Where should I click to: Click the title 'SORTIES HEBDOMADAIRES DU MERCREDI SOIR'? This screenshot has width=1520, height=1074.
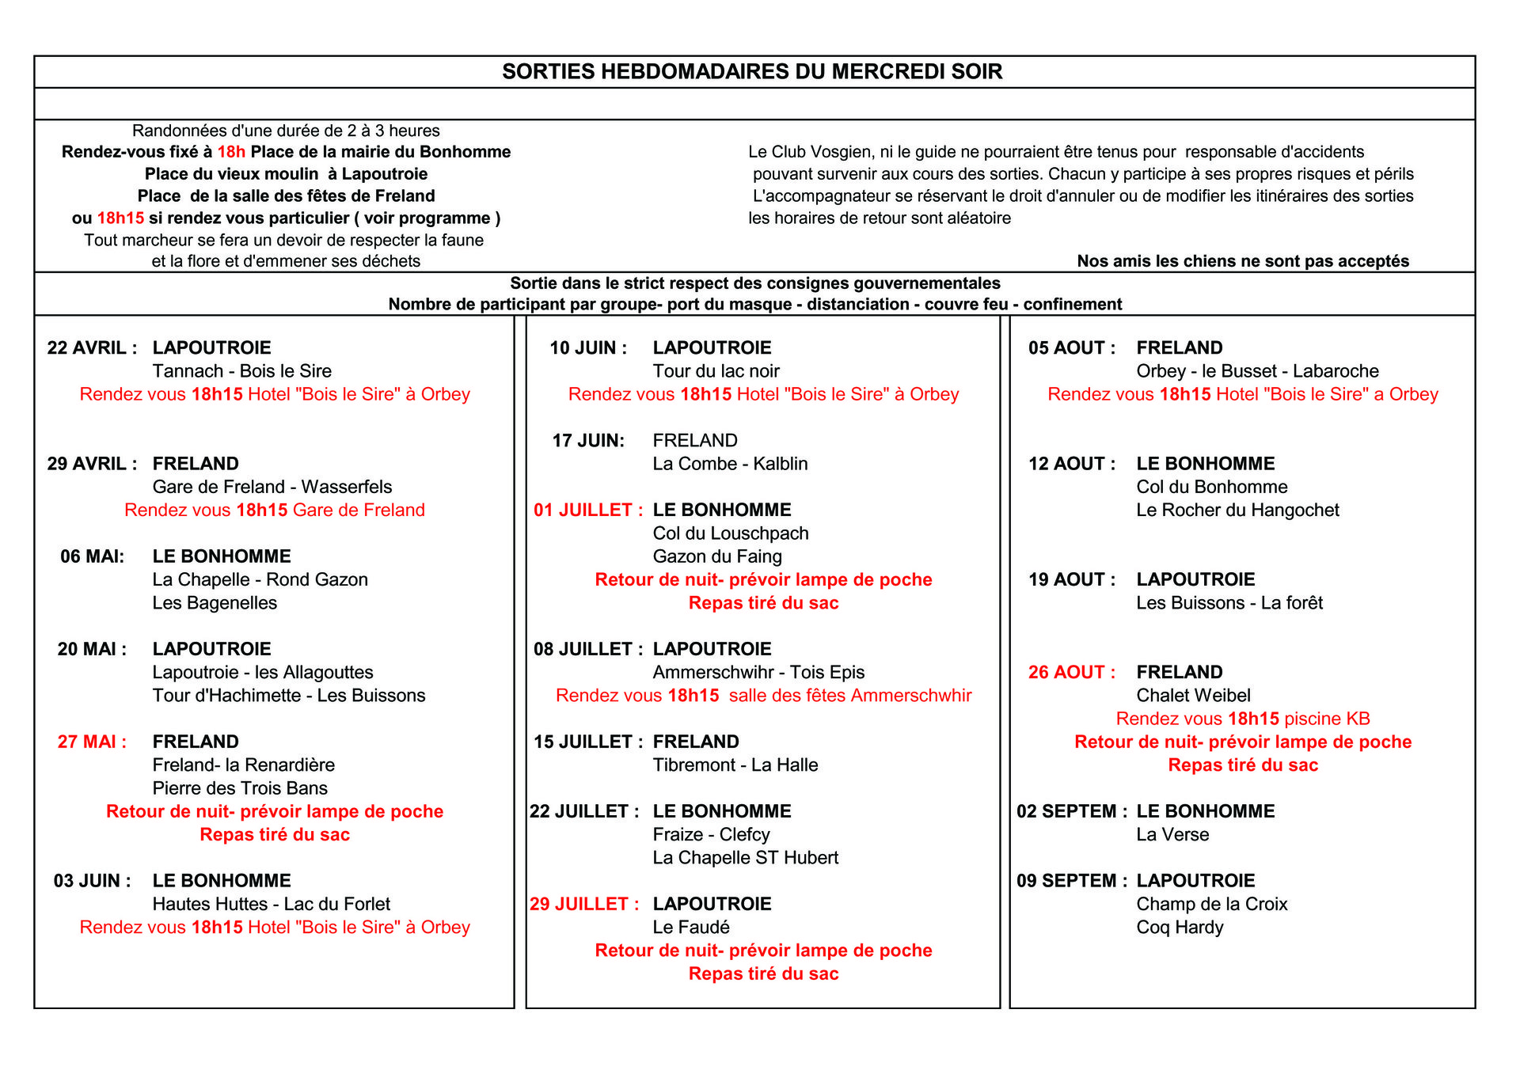click(x=752, y=72)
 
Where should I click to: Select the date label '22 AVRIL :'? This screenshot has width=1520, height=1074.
click(x=92, y=348)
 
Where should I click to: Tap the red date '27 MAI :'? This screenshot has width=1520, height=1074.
click(x=92, y=742)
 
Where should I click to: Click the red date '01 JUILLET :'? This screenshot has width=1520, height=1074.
click(x=587, y=510)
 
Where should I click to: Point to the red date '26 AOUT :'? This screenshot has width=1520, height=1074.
click(x=1071, y=673)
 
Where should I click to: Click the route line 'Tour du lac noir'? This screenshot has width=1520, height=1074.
click(x=716, y=371)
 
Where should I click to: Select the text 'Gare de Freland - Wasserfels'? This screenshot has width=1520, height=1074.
click(x=272, y=487)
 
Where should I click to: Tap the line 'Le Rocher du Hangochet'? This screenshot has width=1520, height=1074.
click(x=1237, y=510)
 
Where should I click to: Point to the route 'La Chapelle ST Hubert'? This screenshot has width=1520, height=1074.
click(x=745, y=858)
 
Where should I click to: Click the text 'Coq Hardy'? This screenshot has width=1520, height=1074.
click(x=1180, y=928)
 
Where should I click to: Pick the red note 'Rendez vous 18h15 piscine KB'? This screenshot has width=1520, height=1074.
click(x=1242, y=719)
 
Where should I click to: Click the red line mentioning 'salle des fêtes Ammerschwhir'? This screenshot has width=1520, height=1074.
click(x=763, y=696)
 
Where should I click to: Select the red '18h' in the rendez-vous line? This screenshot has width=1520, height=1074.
click(x=231, y=152)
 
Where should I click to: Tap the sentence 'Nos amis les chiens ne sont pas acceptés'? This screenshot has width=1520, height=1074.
click(x=1242, y=261)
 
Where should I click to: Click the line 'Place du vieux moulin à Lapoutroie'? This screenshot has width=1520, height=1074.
click(x=286, y=174)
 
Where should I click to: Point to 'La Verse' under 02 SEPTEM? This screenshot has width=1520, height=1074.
click(x=1172, y=835)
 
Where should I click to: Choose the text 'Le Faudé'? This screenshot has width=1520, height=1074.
click(x=690, y=928)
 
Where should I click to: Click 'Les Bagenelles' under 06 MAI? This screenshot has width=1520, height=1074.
click(x=215, y=603)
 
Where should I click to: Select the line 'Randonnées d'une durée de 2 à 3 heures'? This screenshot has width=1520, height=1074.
click(x=286, y=131)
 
